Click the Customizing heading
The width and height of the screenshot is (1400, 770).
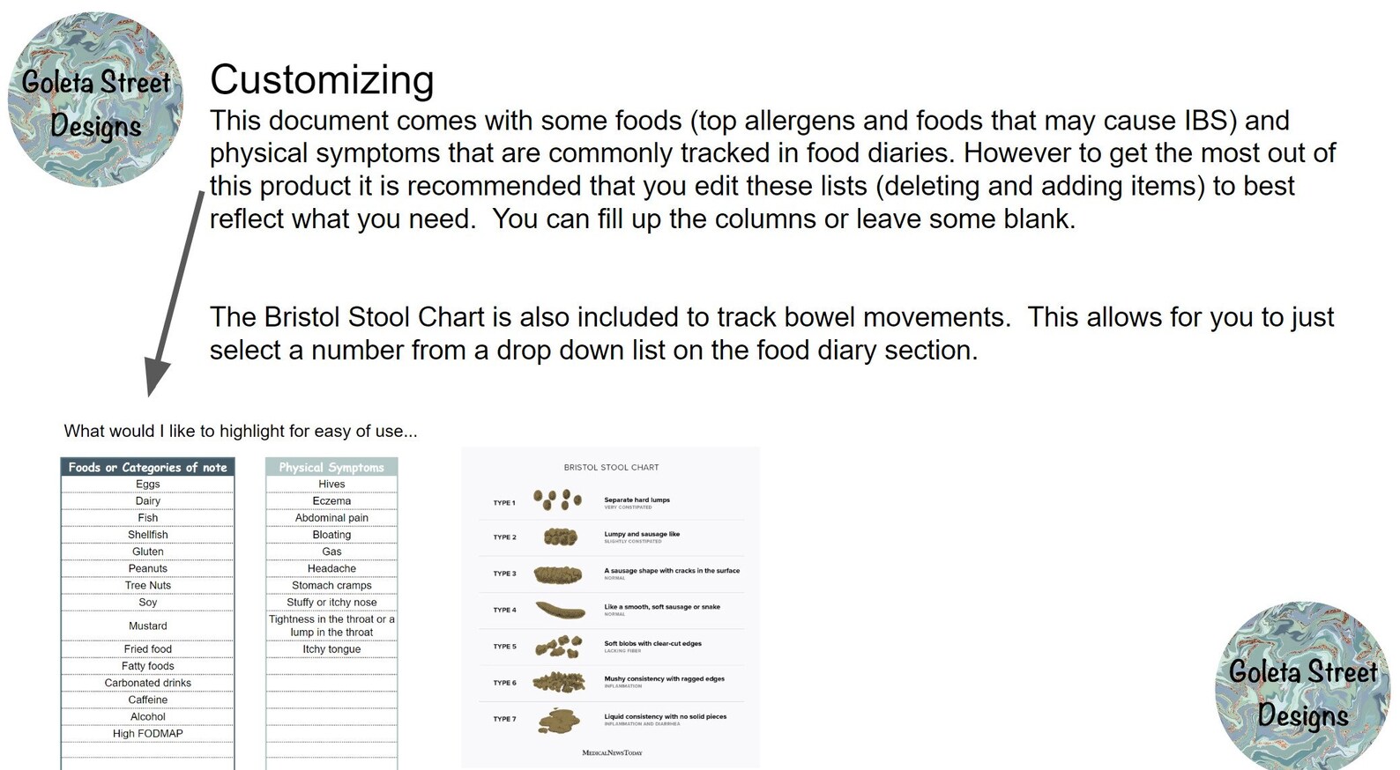[x=322, y=80]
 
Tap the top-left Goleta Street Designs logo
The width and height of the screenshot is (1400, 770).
[x=95, y=100]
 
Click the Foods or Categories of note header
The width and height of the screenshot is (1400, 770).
[x=147, y=467]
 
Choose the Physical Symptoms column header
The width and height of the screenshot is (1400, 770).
[x=331, y=467]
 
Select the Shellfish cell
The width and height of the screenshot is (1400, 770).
[x=147, y=535]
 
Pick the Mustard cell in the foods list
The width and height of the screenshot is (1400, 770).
[x=147, y=626]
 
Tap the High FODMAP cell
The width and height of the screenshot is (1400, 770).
[x=147, y=733]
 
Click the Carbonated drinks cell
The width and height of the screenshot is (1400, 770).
[x=147, y=683]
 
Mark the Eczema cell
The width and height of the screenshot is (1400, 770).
[x=331, y=500]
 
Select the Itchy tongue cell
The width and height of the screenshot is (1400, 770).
[x=331, y=649]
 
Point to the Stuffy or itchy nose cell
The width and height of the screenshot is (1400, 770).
[x=331, y=603]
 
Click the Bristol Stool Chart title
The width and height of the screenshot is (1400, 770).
[x=611, y=467]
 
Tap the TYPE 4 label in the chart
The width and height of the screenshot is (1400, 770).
[x=504, y=610]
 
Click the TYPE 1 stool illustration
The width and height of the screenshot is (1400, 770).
[x=557, y=500]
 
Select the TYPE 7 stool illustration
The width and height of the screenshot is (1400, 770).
[x=559, y=720]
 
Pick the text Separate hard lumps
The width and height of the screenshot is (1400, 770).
[x=637, y=500]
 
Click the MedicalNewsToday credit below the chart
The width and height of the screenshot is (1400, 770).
[x=612, y=752]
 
